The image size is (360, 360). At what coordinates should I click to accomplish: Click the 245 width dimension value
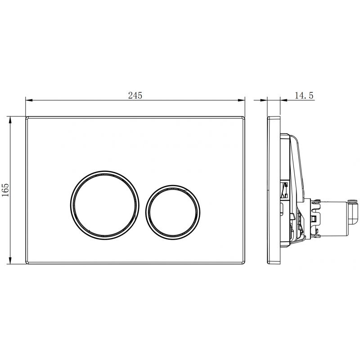coord(135,95)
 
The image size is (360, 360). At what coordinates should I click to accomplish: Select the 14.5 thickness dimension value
coord(304,95)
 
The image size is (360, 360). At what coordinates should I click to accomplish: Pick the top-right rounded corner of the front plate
coord(243,118)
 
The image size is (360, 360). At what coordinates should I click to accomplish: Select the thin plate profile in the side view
coord(274,190)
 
